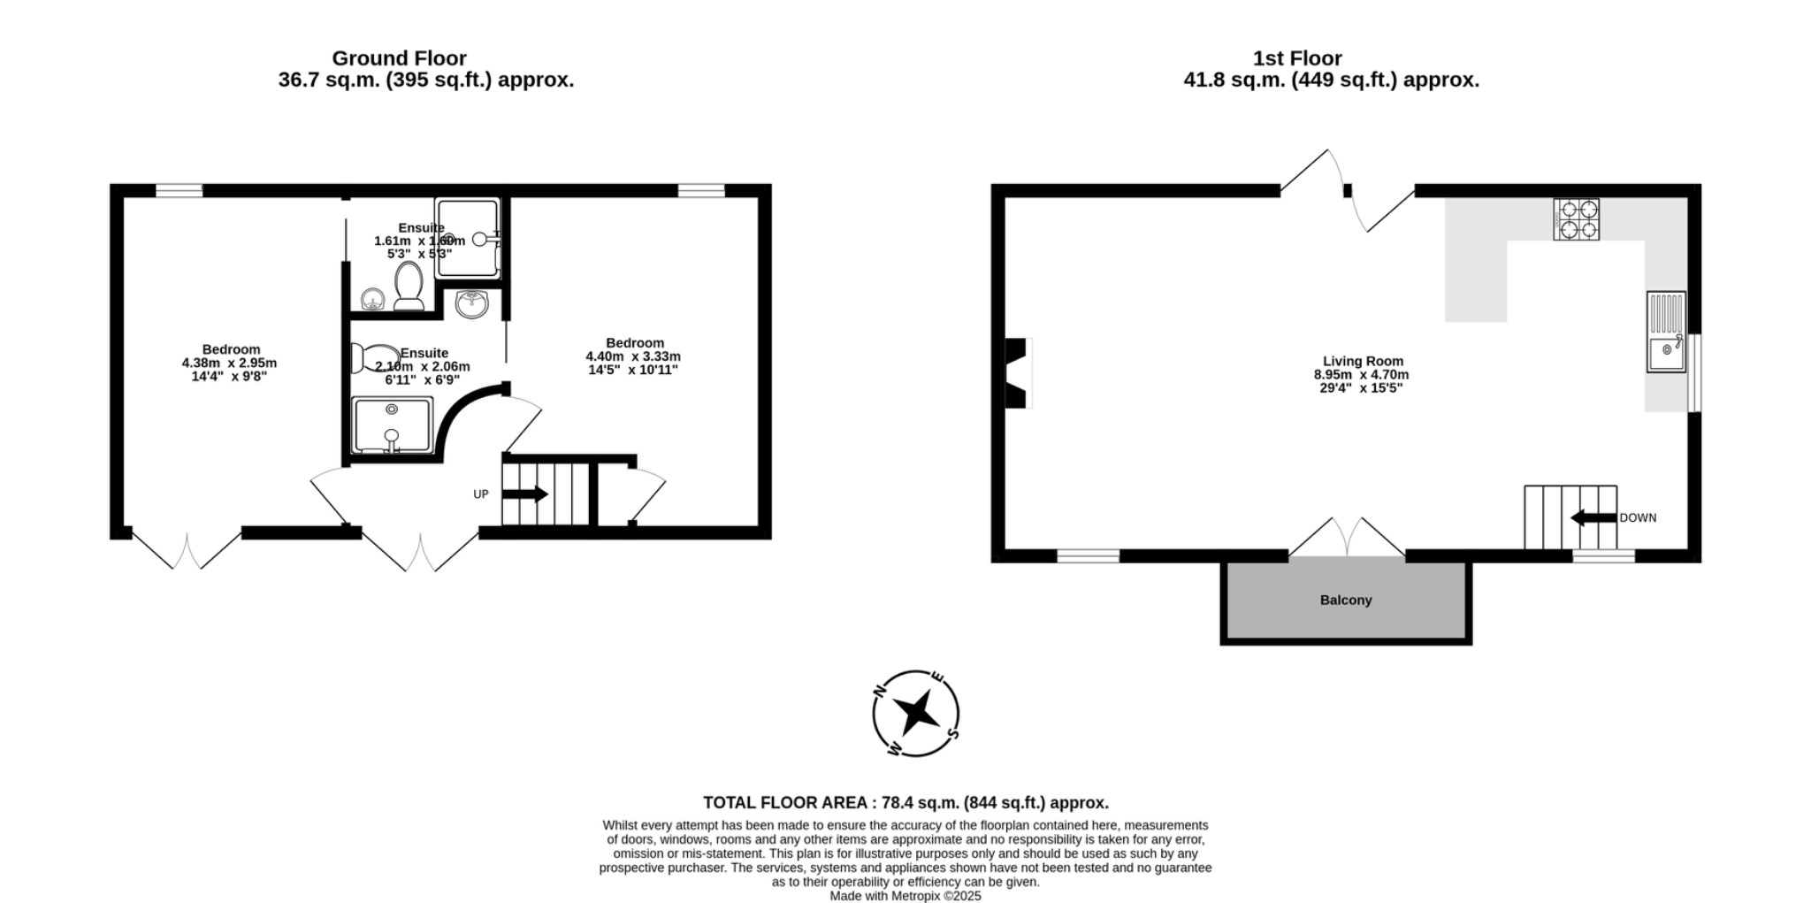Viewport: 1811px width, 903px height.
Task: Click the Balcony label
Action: pyautogui.click(x=1345, y=600)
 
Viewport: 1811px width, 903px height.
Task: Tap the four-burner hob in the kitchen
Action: pyautogui.click(x=1576, y=219)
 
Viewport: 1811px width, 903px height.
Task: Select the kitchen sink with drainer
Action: pyautogui.click(x=1666, y=332)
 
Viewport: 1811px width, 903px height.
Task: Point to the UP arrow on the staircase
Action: pyautogui.click(x=525, y=494)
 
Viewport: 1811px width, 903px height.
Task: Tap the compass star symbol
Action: pyautogui.click(x=915, y=712)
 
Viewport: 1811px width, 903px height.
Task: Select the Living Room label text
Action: pyautogui.click(x=1363, y=361)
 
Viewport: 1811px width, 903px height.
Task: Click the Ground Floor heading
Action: pyautogui.click(x=399, y=58)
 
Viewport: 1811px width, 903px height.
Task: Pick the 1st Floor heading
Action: pyautogui.click(x=1296, y=58)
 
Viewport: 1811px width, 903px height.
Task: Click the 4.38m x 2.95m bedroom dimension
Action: pyautogui.click(x=229, y=363)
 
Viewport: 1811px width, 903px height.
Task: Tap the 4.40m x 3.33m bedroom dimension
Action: pyautogui.click(x=633, y=356)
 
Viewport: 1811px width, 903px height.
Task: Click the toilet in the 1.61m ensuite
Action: pyautogui.click(x=409, y=285)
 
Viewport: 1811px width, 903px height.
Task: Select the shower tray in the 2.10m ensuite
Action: pyautogui.click(x=392, y=425)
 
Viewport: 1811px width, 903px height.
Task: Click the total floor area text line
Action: pyautogui.click(x=905, y=803)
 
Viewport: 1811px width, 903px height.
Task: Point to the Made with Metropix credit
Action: pyautogui.click(x=905, y=895)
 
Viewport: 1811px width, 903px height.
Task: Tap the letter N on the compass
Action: pyautogui.click(x=880, y=690)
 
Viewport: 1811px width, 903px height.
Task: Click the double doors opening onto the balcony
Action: pyautogui.click(x=1346, y=538)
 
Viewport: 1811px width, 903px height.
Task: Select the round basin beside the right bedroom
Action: pyautogui.click(x=472, y=304)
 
